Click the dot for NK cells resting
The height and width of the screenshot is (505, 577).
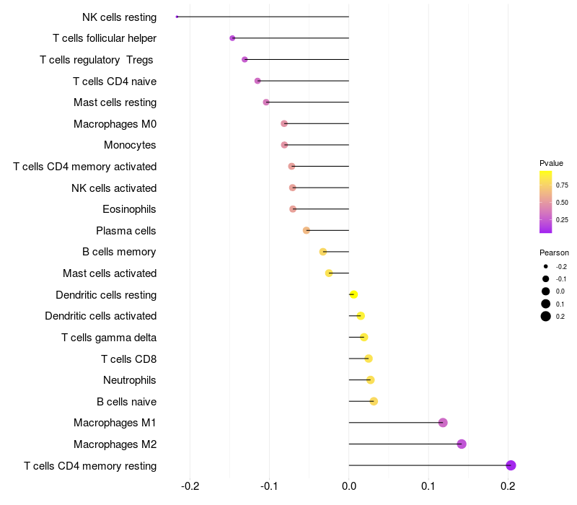[x=177, y=17]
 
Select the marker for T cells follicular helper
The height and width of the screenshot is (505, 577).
[x=232, y=38]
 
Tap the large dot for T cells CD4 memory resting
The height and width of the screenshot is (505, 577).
[x=511, y=465]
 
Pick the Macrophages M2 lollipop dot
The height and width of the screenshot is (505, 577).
[x=462, y=444]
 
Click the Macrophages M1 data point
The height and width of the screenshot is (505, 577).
[x=443, y=423]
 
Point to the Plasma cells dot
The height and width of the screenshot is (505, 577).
[x=306, y=230]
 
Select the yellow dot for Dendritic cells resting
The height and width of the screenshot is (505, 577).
[x=353, y=294]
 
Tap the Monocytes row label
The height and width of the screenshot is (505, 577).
[x=130, y=145]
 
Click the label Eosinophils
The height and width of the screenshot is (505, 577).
[x=129, y=209]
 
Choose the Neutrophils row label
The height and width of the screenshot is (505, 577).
[x=130, y=380]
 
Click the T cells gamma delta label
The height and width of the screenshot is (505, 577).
[x=109, y=338]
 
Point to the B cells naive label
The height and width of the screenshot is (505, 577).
[x=127, y=402]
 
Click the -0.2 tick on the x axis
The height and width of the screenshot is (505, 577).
[x=190, y=486]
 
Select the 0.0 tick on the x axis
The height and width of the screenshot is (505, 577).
[x=349, y=486]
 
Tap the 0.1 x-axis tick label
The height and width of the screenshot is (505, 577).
[x=428, y=486]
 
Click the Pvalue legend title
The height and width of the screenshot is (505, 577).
[x=551, y=163]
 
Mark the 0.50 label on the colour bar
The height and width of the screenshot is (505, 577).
[x=562, y=203]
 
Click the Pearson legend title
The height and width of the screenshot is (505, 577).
[x=554, y=252]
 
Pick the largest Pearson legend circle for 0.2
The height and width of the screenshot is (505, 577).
[x=546, y=316]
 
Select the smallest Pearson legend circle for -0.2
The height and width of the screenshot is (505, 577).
[x=546, y=266]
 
